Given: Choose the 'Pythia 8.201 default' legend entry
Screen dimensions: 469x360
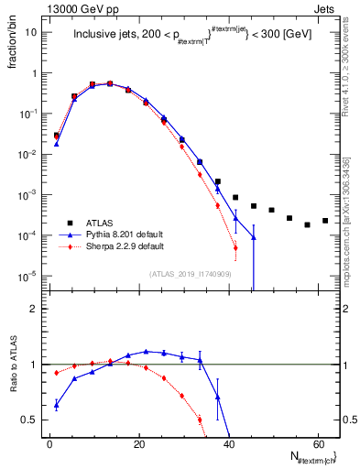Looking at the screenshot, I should point(115,234).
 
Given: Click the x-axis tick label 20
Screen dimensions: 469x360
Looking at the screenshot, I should point(138,442).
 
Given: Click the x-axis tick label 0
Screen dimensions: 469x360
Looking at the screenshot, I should point(49,442).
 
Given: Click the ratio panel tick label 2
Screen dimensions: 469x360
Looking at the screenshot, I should point(33,309).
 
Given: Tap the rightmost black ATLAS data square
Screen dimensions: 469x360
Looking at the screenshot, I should point(325,221).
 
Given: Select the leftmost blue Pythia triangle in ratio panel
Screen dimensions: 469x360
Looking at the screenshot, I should point(57,404).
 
